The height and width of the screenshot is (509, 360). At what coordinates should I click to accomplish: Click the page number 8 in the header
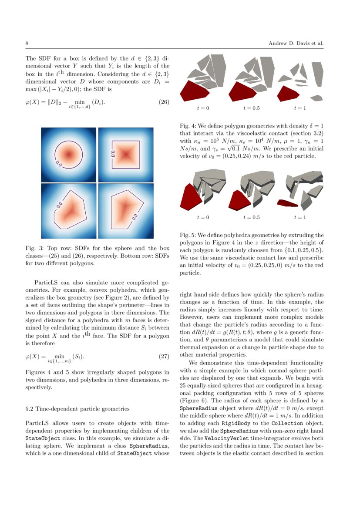[27, 44]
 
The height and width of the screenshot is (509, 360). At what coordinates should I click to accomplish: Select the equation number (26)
[162, 103]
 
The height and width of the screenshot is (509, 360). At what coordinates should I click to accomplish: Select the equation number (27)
[162, 357]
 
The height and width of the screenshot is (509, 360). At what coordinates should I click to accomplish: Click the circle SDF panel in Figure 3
[69, 155]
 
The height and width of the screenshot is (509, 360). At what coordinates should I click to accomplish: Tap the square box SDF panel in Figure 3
[126, 155]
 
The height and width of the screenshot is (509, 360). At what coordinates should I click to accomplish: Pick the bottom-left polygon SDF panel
[69, 211]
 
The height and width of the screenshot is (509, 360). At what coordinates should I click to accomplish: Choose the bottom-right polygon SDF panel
[126, 211]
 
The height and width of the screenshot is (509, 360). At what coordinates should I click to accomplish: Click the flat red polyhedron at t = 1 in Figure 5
[287, 202]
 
